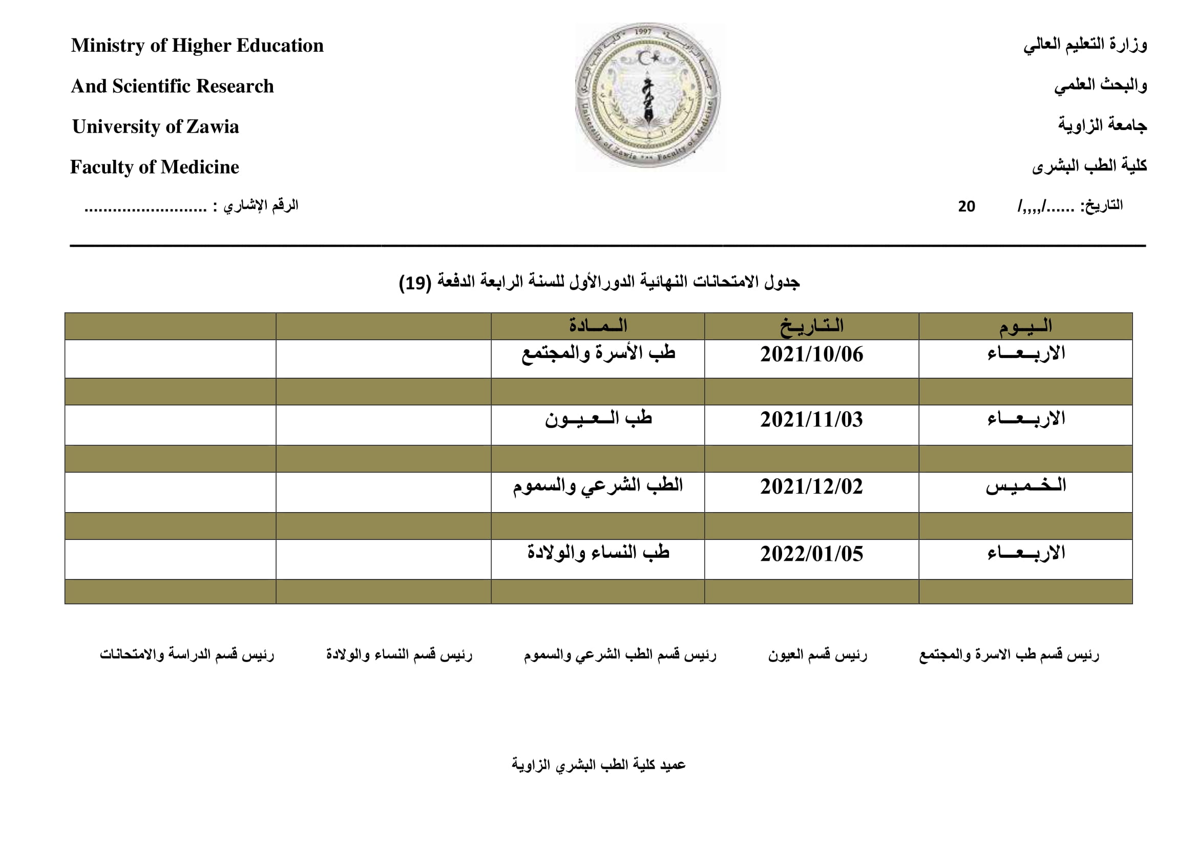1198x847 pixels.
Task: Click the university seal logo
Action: tap(648, 96)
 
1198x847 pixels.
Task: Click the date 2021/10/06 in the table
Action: tap(811, 355)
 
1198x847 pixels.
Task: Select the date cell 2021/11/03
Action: tap(811, 420)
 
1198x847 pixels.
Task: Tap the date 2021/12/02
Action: tap(811, 487)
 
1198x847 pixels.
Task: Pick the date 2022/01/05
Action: tap(811, 554)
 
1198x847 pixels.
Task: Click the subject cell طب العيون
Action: tap(598, 419)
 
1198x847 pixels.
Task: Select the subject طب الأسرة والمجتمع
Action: tap(598, 354)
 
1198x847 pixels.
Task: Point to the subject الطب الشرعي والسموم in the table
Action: tap(598, 486)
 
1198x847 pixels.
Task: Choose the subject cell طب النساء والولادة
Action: tap(598, 553)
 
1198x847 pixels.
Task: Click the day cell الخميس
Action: tap(1026, 486)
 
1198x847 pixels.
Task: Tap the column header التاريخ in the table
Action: tap(812, 327)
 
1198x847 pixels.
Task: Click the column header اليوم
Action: tap(1026, 327)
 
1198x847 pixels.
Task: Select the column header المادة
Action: tap(598, 327)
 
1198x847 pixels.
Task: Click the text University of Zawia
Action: tap(156, 126)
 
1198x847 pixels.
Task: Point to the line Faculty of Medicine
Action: tap(155, 167)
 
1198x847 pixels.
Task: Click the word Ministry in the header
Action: tap(108, 46)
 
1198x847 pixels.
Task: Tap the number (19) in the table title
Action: tap(415, 283)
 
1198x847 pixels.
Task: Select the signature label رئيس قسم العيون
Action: tap(817, 654)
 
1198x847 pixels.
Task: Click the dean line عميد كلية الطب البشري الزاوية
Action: tap(598, 765)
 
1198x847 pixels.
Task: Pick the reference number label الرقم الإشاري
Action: tap(261, 205)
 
